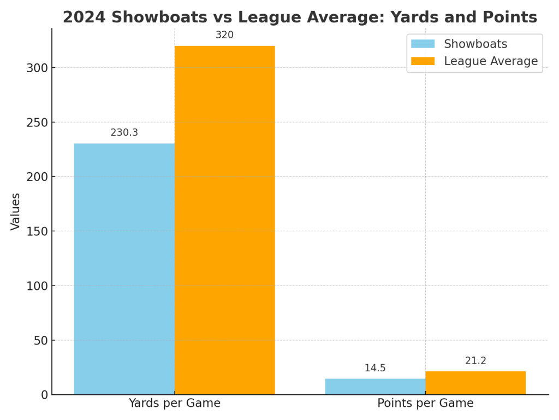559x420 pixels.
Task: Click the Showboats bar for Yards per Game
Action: click(124, 269)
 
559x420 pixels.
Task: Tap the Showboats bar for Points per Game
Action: click(375, 387)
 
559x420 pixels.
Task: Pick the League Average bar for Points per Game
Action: click(475, 383)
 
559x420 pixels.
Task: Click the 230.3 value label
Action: click(124, 133)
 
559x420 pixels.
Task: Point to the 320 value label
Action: click(224, 35)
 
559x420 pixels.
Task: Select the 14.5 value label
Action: click(375, 368)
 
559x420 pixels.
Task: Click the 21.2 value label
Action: click(475, 361)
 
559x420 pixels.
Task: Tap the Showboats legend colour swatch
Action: click(423, 44)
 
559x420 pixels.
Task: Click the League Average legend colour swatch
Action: click(423, 61)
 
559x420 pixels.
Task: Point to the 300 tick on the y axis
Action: click(37, 68)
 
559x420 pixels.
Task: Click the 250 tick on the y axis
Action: click(37, 122)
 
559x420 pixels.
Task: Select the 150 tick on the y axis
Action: click(37, 231)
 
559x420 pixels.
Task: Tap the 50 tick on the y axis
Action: click(40, 340)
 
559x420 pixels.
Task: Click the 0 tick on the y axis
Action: click(44, 395)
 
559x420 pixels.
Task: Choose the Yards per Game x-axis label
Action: click(175, 404)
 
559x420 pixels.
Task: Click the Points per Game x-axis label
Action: click(425, 404)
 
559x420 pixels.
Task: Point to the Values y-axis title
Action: click(16, 211)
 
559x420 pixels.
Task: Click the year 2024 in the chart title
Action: click(84, 17)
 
